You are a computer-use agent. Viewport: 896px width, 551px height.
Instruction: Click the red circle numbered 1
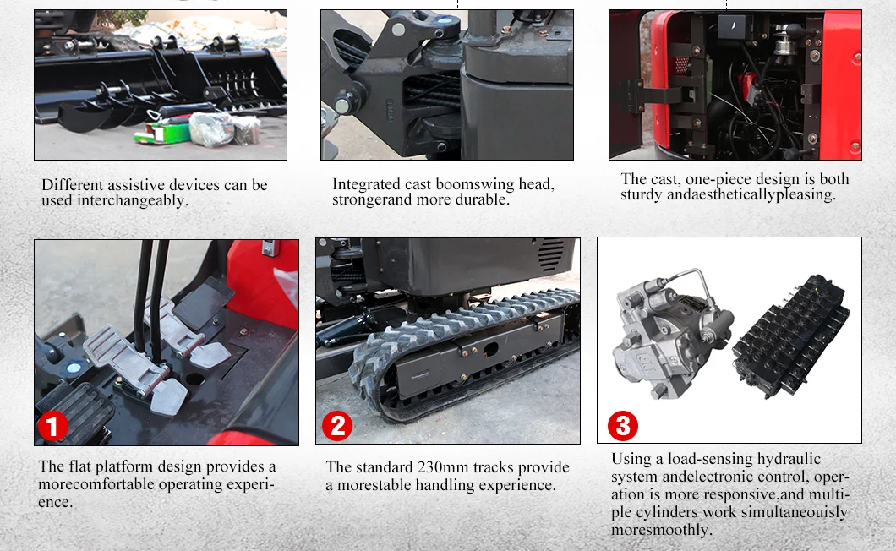click(x=52, y=426)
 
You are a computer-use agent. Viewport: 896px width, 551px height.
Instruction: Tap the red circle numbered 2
click(x=337, y=425)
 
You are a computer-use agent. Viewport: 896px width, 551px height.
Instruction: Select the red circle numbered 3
click(x=623, y=425)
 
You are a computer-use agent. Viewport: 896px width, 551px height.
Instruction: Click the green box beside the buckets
click(x=162, y=134)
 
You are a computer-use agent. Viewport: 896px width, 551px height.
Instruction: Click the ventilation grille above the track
click(x=550, y=255)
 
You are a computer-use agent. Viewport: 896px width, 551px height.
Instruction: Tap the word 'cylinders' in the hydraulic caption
click(x=667, y=512)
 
